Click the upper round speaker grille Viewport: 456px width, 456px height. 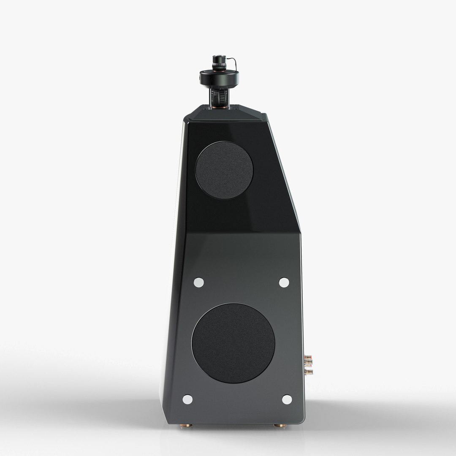[x=224, y=170]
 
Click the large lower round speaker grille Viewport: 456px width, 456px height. [x=233, y=343]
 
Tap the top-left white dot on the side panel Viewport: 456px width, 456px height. [x=198, y=282]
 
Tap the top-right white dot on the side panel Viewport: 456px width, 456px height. [x=284, y=282]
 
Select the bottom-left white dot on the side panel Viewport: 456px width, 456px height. [x=187, y=399]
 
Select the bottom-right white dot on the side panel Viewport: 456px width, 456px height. [x=287, y=399]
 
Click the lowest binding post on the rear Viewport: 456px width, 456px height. [x=309, y=372]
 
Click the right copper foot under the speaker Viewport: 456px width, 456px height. [x=278, y=426]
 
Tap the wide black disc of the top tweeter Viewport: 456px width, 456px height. [x=219, y=77]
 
